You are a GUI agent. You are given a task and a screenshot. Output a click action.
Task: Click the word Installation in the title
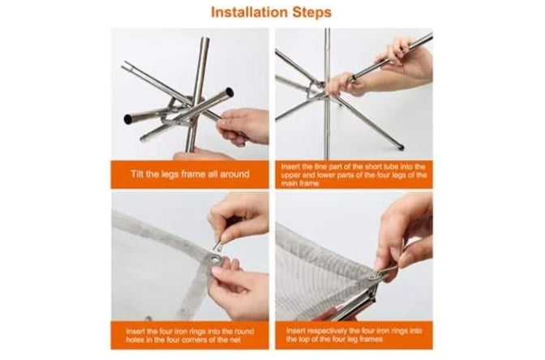pyautogui.click(x=249, y=12)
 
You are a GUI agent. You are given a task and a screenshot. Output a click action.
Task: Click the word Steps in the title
pyautogui.click(x=311, y=13)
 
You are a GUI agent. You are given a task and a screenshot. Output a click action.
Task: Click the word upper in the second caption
pyautogui.click(x=289, y=175)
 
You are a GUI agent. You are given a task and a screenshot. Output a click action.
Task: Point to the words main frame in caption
pyautogui.click(x=299, y=183)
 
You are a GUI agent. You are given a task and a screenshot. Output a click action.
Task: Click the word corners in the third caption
pyautogui.click(x=215, y=340)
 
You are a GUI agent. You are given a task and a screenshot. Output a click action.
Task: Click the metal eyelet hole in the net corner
pyautogui.click(x=216, y=259)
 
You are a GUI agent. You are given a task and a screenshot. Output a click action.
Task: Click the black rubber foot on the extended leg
pyautogui.click(x=401, y=146)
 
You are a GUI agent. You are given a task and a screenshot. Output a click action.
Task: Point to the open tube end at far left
pyautogui.click(x=128, y=119)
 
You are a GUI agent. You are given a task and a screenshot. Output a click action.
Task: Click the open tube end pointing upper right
pyautogui.click(x=229, y=92)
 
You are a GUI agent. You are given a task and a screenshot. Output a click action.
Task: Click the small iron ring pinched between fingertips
pyautogui.click(x=218, y=244)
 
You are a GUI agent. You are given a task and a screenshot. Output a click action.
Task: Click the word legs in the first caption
pyautogui.click(x=170, y=174)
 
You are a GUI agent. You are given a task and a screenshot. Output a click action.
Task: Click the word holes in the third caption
pyautogui.click(x=135, y=340)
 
